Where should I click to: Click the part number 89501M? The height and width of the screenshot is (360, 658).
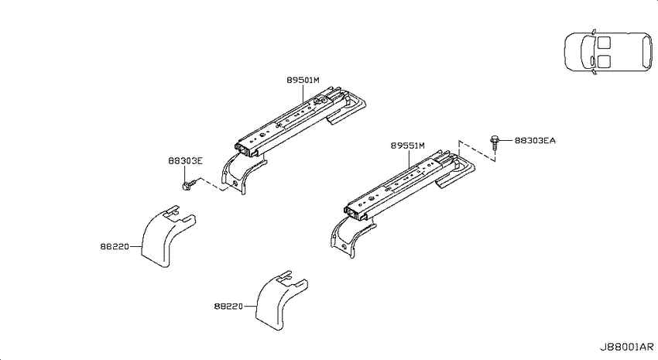(x=303, y=80)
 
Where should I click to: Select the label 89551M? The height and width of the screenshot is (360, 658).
(x=407, y=146)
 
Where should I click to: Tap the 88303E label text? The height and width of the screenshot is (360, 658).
(x=185, y=161)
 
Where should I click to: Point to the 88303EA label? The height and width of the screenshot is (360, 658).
(x=535, y=141)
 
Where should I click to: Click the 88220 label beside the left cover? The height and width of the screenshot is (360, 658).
(x=114, y=247)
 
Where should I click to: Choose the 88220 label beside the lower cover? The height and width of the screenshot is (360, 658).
(x=228, y=307)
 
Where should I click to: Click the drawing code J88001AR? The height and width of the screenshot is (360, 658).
(x=626, y=347)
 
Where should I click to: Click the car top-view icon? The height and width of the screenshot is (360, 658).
(x=608, y=52)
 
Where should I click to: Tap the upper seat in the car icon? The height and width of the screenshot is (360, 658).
(x=605, y=43)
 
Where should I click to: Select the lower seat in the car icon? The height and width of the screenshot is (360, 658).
(x=605, y=61)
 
